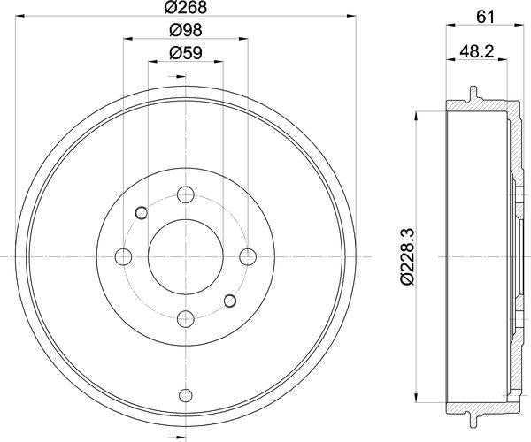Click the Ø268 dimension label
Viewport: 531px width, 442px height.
coord(186,8)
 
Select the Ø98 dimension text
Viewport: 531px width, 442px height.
coord(186,30)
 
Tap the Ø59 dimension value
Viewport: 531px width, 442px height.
coord(186,53)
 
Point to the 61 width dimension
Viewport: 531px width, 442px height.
coord(485,17)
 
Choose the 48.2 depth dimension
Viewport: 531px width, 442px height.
coord(477,52)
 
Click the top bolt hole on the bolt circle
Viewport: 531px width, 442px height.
coord(186,194)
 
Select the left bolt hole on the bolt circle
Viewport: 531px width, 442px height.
coord(123,257)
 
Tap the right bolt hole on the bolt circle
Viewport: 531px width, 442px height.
coord(248,257)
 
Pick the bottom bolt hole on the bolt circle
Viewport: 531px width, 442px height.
coord(186,319)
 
